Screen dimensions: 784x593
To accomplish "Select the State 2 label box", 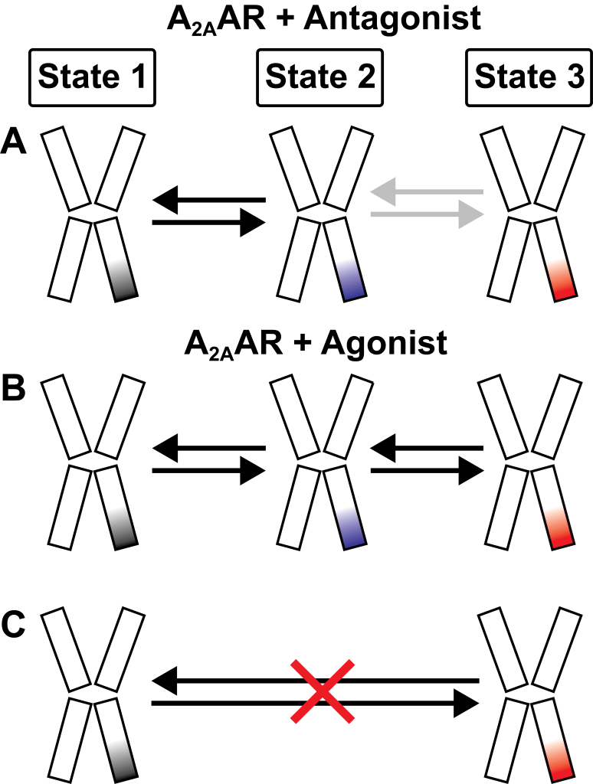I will (319, 78).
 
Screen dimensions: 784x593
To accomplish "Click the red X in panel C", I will (323, 691).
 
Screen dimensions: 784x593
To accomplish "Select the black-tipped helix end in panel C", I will (123, 766).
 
